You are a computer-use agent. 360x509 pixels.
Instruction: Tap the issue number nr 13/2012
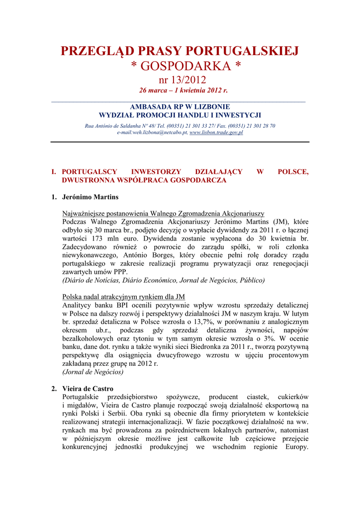(x=180, y=80)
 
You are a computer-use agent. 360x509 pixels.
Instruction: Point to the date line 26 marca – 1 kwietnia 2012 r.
(x=180, y=90)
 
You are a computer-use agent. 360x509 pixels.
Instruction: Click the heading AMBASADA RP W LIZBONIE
(x=180, y=107)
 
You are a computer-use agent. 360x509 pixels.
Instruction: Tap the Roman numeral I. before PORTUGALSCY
(x=54, y=171)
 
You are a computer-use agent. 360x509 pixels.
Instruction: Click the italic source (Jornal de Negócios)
(x=93, y=371)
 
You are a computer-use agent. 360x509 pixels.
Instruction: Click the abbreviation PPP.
(x=120, y=271)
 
